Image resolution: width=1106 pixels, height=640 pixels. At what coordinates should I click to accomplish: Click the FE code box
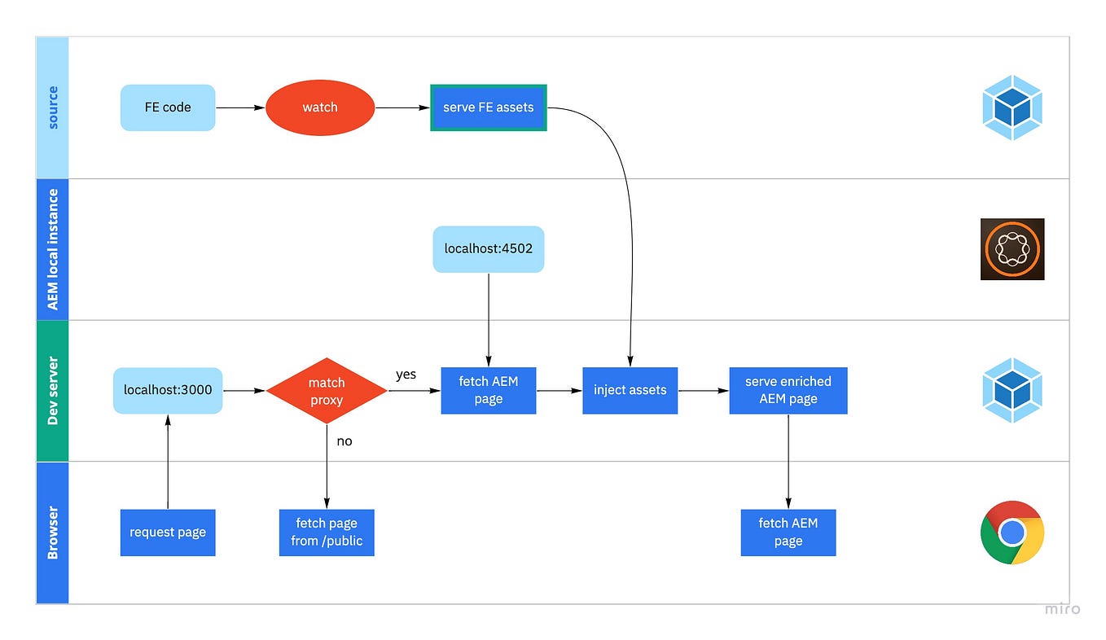click(x=168, y=107)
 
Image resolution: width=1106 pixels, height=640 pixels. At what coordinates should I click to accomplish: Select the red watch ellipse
click(x=320, y=107)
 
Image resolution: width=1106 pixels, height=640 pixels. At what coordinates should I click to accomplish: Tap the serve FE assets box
click(x=489, y=107)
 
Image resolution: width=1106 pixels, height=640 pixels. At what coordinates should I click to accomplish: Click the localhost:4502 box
click(x=489, y=249)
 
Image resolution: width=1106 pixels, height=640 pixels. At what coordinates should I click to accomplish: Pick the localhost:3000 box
click(x=168, y=390)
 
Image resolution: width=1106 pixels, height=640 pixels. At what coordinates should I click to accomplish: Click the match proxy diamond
click(x=327, y=391)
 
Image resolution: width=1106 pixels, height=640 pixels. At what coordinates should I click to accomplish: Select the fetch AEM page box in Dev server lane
click(x=489, y=390)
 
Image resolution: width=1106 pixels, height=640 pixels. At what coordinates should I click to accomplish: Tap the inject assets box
click(x=630, y=390)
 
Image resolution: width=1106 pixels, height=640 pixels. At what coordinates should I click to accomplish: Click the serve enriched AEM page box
click(x=788, y=390)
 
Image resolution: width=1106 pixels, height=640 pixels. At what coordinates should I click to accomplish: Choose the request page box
click(x=168, y=533)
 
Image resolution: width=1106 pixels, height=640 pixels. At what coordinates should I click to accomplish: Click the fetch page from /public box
click(x=327, y=533)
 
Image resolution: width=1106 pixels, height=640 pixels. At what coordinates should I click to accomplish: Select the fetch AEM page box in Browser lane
click(x=788, y=533)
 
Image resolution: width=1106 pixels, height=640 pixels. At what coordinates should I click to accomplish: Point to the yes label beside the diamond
click(x=406, y=375)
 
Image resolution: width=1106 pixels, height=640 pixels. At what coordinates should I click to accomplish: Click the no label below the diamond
click(x=345, y=441)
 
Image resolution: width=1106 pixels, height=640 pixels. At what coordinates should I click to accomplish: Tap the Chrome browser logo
click(x=1012, y=533)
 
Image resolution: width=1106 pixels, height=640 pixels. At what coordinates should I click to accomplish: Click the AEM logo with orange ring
click(x=1012, y=249)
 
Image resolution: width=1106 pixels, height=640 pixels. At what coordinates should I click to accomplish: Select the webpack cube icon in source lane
click(x=1012, y=107)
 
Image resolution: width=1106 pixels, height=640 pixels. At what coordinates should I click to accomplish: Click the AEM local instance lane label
click(x=53, y=249)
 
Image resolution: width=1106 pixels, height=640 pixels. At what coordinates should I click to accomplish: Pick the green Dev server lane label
click(x=53, y=391)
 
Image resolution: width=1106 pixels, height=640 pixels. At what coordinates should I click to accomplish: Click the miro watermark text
click(x=1063, y=609)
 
